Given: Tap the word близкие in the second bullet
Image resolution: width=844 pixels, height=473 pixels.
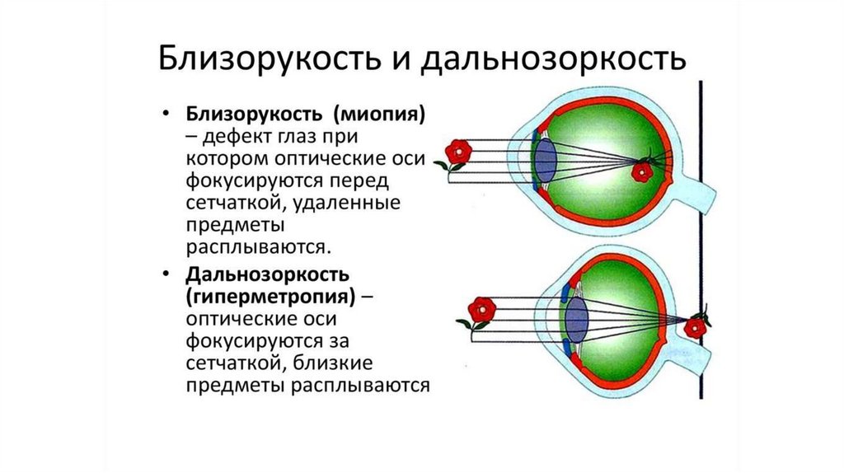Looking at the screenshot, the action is (338, 363).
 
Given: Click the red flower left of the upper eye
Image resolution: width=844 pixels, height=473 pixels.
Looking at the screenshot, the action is (457, 152).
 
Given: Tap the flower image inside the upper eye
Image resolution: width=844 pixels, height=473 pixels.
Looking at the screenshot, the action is (642, 171).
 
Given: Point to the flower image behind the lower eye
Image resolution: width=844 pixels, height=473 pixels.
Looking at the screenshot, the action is (697, 325).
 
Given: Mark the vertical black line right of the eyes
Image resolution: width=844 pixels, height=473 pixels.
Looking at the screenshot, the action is (702, 239).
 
